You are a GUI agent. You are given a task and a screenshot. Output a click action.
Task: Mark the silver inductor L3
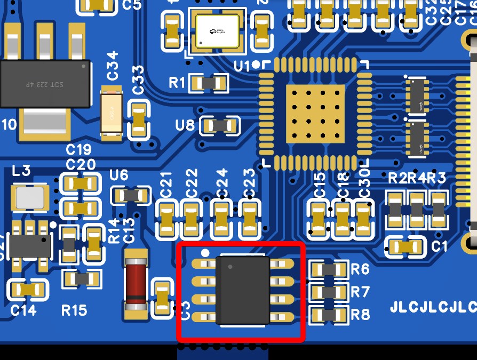30,197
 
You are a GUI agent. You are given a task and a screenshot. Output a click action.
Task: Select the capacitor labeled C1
405,246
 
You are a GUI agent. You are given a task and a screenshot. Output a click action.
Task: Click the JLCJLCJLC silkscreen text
433,308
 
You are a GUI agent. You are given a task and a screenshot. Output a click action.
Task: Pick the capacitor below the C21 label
167,219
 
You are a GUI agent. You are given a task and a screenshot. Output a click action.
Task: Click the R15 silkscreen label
74,310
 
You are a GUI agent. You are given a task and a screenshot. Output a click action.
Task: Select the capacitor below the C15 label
319,218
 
